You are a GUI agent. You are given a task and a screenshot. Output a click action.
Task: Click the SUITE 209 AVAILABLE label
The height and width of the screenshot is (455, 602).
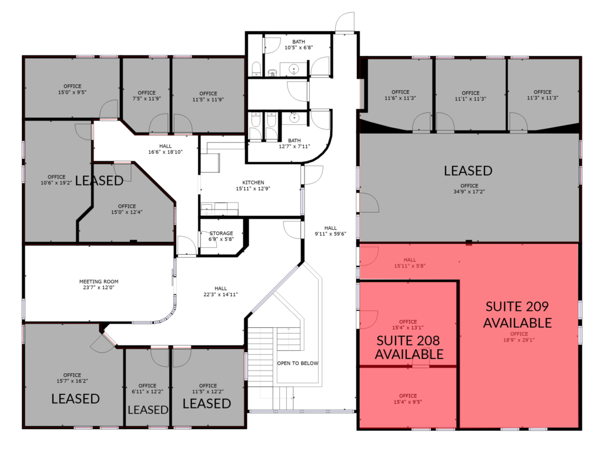(x=517, y=315)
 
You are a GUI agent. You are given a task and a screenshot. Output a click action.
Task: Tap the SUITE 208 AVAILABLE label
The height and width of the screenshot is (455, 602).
(x=409, y=347)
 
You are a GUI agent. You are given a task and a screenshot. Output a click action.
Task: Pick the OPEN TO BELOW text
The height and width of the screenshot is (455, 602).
(x=297, y=363)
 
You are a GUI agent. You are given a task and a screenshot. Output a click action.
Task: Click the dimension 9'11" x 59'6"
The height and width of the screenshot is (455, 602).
(x=330, y=234)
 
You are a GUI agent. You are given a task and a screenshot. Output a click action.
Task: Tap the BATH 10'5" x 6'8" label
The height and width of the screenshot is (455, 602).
(x=299, y=45)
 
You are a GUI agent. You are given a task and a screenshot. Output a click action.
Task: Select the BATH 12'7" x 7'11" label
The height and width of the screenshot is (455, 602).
(x=295, y=144)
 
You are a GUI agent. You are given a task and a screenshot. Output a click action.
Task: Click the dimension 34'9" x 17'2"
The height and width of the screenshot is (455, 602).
(x=469, y=191)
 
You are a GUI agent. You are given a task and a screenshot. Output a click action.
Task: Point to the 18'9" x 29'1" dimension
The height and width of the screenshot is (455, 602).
(x=519, y=340)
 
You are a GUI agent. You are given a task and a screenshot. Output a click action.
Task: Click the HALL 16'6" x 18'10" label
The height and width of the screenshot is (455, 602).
(x=165, y=149)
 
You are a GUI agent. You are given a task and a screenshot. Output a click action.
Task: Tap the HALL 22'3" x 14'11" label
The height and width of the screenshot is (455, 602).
(x=221, y=291)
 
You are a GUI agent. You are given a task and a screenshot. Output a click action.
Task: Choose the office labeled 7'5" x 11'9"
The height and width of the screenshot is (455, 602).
(x=146, y=96)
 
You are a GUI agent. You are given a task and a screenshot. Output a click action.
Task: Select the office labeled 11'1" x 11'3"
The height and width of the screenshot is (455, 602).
(x=471, y=96)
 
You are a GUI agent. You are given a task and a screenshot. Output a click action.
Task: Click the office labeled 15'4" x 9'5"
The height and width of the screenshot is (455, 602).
(x=408, y=399)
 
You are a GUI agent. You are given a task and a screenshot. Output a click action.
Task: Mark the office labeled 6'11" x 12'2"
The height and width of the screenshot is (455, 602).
(x=148, y=388)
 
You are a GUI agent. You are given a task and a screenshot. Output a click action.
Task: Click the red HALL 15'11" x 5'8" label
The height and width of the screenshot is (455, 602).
(x=410, y=263)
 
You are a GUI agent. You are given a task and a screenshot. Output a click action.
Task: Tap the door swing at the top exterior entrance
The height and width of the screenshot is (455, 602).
(x=345, y=22)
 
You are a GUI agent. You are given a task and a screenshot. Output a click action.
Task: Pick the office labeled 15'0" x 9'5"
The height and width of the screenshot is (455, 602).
(x=72, y=89)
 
